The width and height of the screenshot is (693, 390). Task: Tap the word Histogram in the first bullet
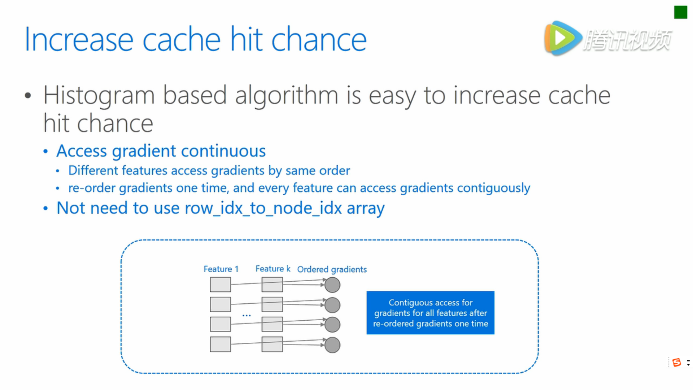tap(99, 96)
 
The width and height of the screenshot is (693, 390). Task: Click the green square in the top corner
tap(680, 12)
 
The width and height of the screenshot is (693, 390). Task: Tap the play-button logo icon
tap(563, 38)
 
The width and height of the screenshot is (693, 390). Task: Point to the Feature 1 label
tap(221, 269)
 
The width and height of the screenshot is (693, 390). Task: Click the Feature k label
tap(273, 269)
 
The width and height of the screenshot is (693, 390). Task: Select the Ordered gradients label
tap(332, 269)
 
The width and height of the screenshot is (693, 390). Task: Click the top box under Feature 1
tap(221, 285)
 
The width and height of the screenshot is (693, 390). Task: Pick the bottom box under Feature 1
tap(221, 344)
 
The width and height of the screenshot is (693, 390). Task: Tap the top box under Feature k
tap(272, 285)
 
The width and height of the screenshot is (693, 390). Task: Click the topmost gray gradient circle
tap(332, 285)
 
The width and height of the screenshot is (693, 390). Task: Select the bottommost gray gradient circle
tap(332, 345)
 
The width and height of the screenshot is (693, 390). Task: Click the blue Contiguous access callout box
tap(430, 313)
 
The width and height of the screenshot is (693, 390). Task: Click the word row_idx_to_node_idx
tap(263, 208)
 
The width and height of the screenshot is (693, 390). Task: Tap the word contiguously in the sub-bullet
tap(493, 188)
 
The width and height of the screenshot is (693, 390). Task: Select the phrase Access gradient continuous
tap(161, 151)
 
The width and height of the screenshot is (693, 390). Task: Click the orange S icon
tap(677, 362)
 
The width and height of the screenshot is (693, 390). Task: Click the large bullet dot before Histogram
tap(28, 96)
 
